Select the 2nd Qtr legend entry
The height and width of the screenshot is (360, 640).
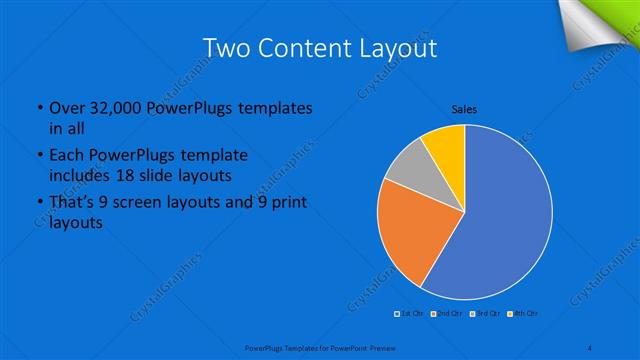click(445, 314)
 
